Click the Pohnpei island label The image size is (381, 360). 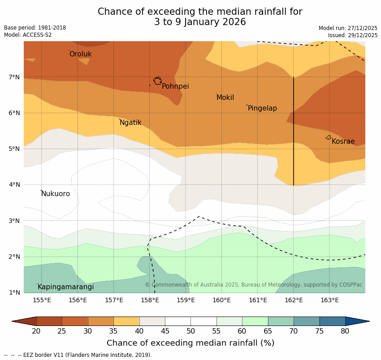pyautogui.click(x=175, y=86)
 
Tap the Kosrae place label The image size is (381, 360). pyautogui.click(x=343, y=141)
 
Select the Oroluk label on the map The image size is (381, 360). pyautogui.click(x=81, y=54)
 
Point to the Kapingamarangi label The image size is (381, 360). pyautogui.click(x=65, y=287)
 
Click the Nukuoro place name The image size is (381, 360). pyautogui.click(x=56, y=194)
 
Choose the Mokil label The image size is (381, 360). pyautogui.click(x=225, y=98)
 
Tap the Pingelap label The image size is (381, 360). pyautogui.click(x=262, y=108)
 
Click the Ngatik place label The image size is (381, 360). pyautogui.click(x=130, y=123)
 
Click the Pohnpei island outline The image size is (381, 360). pyautogui.click(x=157, y=81)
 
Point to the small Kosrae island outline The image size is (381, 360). pyautogui.click(x=329, y=137)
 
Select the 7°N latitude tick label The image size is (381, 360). pyautogui.click(x=14, y=77)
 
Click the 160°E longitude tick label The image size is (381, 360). pyautogui.click(x=221, y=300)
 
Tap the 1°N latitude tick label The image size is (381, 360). pyautogui.click(x=14, y=293)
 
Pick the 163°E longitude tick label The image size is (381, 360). pyautogui.click(x=329, y=300)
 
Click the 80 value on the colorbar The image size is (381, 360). pyautogui.click(x=345, y=331)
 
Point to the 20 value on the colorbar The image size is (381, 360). pyautogui.click(x=36, y=331)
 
